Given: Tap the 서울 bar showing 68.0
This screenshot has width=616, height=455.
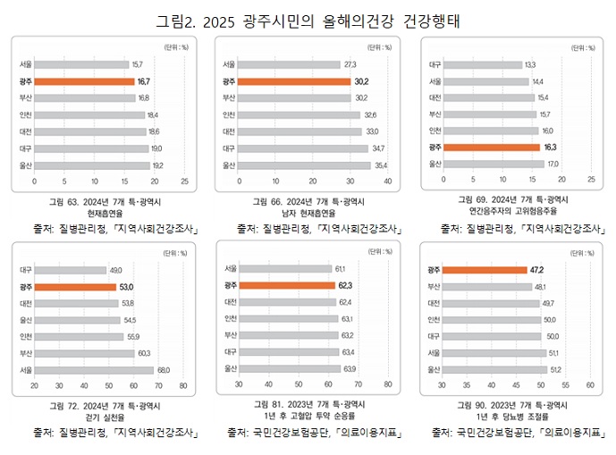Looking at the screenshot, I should point(95,369).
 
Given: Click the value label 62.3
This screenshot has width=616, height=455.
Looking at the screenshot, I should point(346,285).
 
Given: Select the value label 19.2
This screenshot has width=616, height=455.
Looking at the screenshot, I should point(157,165).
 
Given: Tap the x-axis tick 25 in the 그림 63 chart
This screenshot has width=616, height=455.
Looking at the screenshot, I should point(184,181).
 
